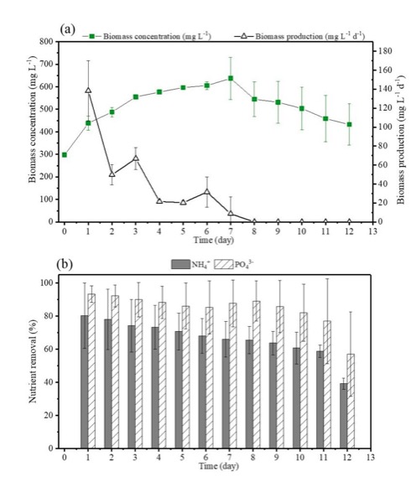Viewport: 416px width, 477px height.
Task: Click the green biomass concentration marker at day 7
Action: tap(231, 78)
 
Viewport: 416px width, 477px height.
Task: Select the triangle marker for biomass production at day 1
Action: tap(88, 90)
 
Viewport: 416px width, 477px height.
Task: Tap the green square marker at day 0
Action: tap(65, 155)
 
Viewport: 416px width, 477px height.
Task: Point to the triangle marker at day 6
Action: tap(207, 192)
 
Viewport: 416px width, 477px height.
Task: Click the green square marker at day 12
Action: tap(350, 124)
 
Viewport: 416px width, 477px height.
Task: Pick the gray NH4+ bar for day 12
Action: tap(344, 416)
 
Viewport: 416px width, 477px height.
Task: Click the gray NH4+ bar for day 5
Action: tap(179, 390)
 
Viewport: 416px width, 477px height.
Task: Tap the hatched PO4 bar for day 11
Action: tap(327, 384)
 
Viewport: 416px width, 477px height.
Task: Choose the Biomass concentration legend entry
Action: tap(147, 37)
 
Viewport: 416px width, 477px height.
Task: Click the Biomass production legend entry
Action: tap(299, 37)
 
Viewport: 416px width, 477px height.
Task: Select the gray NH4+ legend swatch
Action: tap(181, 264)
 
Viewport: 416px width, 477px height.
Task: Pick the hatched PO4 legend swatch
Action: tap(224, 264)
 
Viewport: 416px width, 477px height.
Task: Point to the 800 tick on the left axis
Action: tap(46, 41)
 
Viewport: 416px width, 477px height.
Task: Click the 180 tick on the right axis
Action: tap(385, 51)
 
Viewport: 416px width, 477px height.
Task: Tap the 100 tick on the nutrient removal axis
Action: tap(46, 283)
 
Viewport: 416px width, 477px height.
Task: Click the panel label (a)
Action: tap(67, 29)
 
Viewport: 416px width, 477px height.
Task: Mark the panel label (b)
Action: tap(65, 264)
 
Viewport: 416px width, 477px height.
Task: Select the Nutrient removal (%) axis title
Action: tap(33, 361)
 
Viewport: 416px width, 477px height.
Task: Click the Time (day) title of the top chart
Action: tap(214, 240)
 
